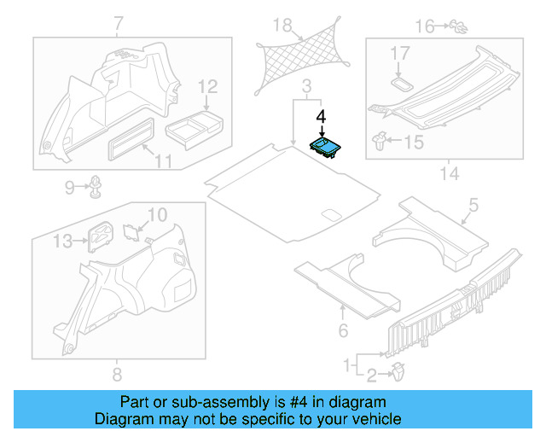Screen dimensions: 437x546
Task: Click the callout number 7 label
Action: (x=118, y=22)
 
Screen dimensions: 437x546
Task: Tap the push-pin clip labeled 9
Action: (x=97, y=185)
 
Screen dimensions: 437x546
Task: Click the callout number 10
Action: (x=158, y=213)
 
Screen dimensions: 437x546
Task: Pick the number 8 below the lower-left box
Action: (x=118, y=374)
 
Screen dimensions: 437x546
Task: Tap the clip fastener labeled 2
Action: (x=399, y=372)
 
